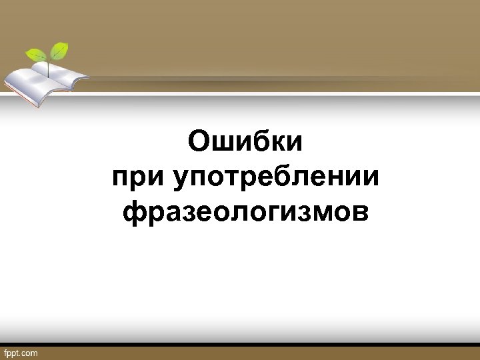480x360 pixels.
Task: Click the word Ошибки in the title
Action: pos(245,142)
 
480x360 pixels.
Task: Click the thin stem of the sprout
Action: pos(49,65)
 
